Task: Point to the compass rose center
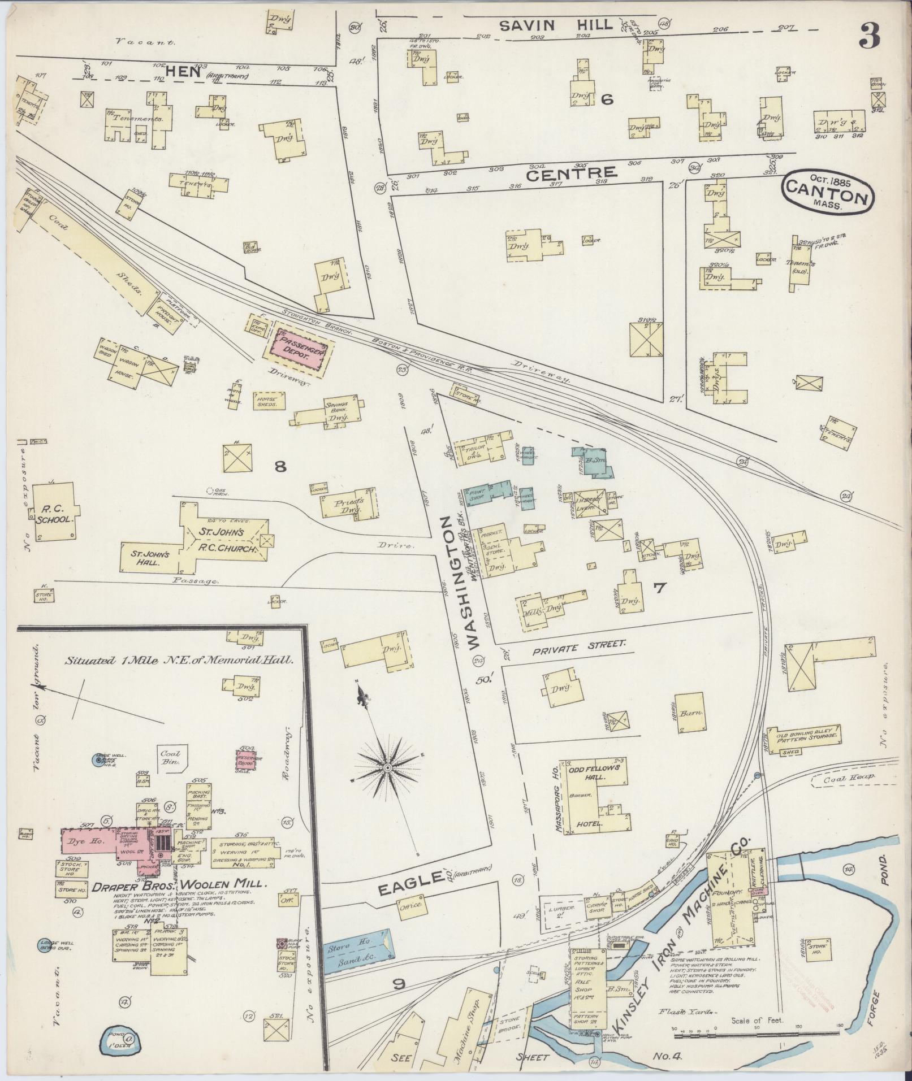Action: point(387,768)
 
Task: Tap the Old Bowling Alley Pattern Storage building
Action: point(807,735)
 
